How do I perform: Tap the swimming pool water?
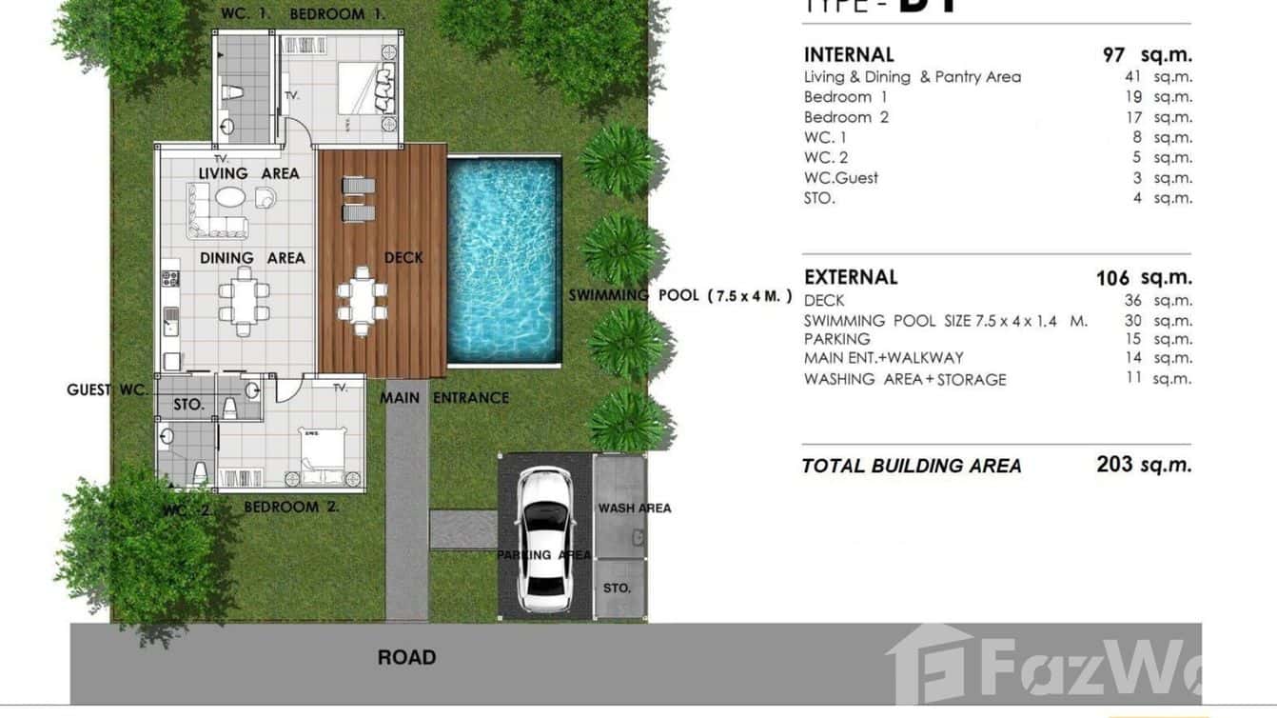[502, 260]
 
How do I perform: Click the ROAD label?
[406, 658]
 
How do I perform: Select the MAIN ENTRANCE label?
[444, 398]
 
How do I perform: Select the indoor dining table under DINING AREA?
[244, 301]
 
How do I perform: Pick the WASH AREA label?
[634, 509]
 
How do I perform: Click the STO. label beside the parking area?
[617, 588]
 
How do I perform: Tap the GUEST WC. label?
[107, 390]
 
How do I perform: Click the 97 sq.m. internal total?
[1147, 55]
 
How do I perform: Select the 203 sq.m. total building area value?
[1143, 465]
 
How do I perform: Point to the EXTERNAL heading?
[851, 277]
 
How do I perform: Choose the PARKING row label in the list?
[836, 339]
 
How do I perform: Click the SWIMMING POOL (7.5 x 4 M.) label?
[680, 296]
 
